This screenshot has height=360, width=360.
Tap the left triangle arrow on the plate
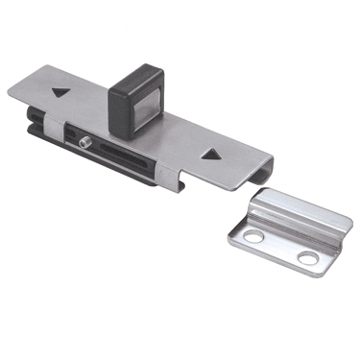pos(60,94)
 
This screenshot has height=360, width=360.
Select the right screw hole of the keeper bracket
pos(306,257)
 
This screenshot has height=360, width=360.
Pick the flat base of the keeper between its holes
pos(280,246)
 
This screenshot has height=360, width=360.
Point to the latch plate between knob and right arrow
pos(178,130)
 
